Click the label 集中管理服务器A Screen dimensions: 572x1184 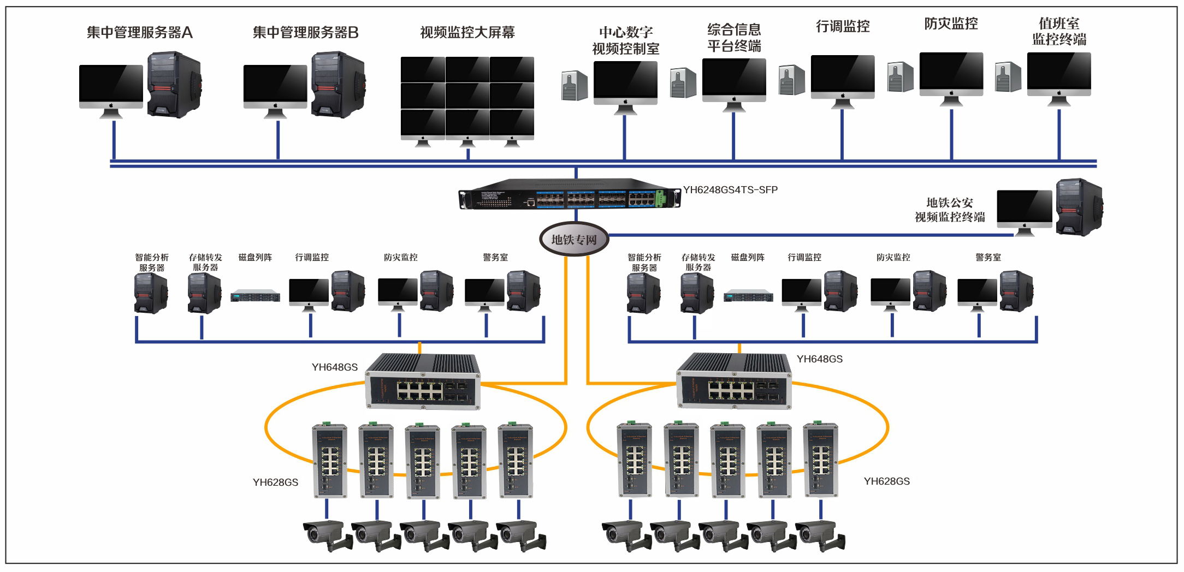[x=140, y=33]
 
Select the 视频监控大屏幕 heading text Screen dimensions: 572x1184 [x=467, y=33]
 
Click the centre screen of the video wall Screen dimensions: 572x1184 [x=467, y=96]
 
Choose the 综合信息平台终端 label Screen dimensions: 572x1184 [x=734, y=38]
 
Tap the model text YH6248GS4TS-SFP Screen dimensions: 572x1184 [x=730, y=190]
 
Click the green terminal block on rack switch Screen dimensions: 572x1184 [x=660, y=198]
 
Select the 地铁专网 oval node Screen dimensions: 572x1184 [x=574, y=239]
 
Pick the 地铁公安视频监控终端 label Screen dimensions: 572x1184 [x=950, y=210]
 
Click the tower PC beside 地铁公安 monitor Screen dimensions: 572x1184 [x=1079, y=207]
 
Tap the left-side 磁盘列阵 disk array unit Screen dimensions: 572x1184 [x=255, y=296]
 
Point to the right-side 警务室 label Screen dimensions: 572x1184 [x=988, y=257]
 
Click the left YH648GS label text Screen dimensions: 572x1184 [x=334, y=367]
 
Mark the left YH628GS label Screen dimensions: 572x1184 [x=275, y=482]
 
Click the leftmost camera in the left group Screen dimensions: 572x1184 [x=327, y=535]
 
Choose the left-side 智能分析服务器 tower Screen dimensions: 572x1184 [x=151, y=293]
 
